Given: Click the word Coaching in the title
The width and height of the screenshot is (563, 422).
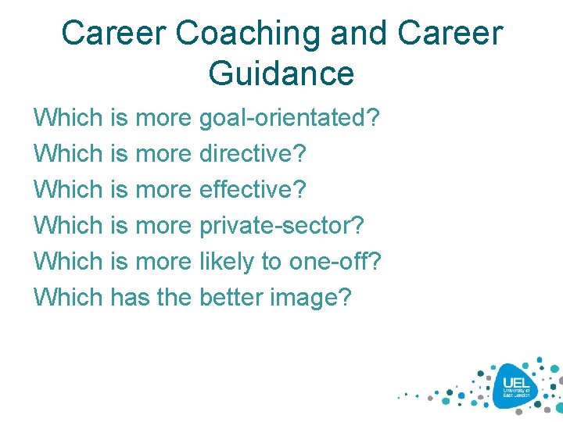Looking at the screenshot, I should point(249,34).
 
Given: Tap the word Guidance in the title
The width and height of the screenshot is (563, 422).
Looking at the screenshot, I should point(281,73).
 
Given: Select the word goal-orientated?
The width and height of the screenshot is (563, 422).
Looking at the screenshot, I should point(289,119).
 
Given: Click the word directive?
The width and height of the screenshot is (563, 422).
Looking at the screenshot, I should point(253,154).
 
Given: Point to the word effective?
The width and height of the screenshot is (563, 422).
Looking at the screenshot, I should point(253,190).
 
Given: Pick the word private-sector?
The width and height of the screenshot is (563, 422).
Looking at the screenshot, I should point(281,226).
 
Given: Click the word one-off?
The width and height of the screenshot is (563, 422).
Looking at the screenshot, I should point(335,261).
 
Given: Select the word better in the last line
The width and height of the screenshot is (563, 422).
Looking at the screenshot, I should point(229,297).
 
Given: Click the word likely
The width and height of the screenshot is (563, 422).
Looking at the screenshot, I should point(228,261).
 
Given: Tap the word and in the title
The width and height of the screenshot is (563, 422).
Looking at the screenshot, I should point(359,34).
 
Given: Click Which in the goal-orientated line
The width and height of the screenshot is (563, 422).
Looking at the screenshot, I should point(69,119).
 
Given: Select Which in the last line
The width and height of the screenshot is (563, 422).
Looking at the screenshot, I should point(69,297).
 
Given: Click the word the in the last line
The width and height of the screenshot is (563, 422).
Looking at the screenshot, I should point(174,297).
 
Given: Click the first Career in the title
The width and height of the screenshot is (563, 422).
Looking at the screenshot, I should point(113,34).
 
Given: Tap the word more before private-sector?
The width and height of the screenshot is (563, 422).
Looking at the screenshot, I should point(163,226).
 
